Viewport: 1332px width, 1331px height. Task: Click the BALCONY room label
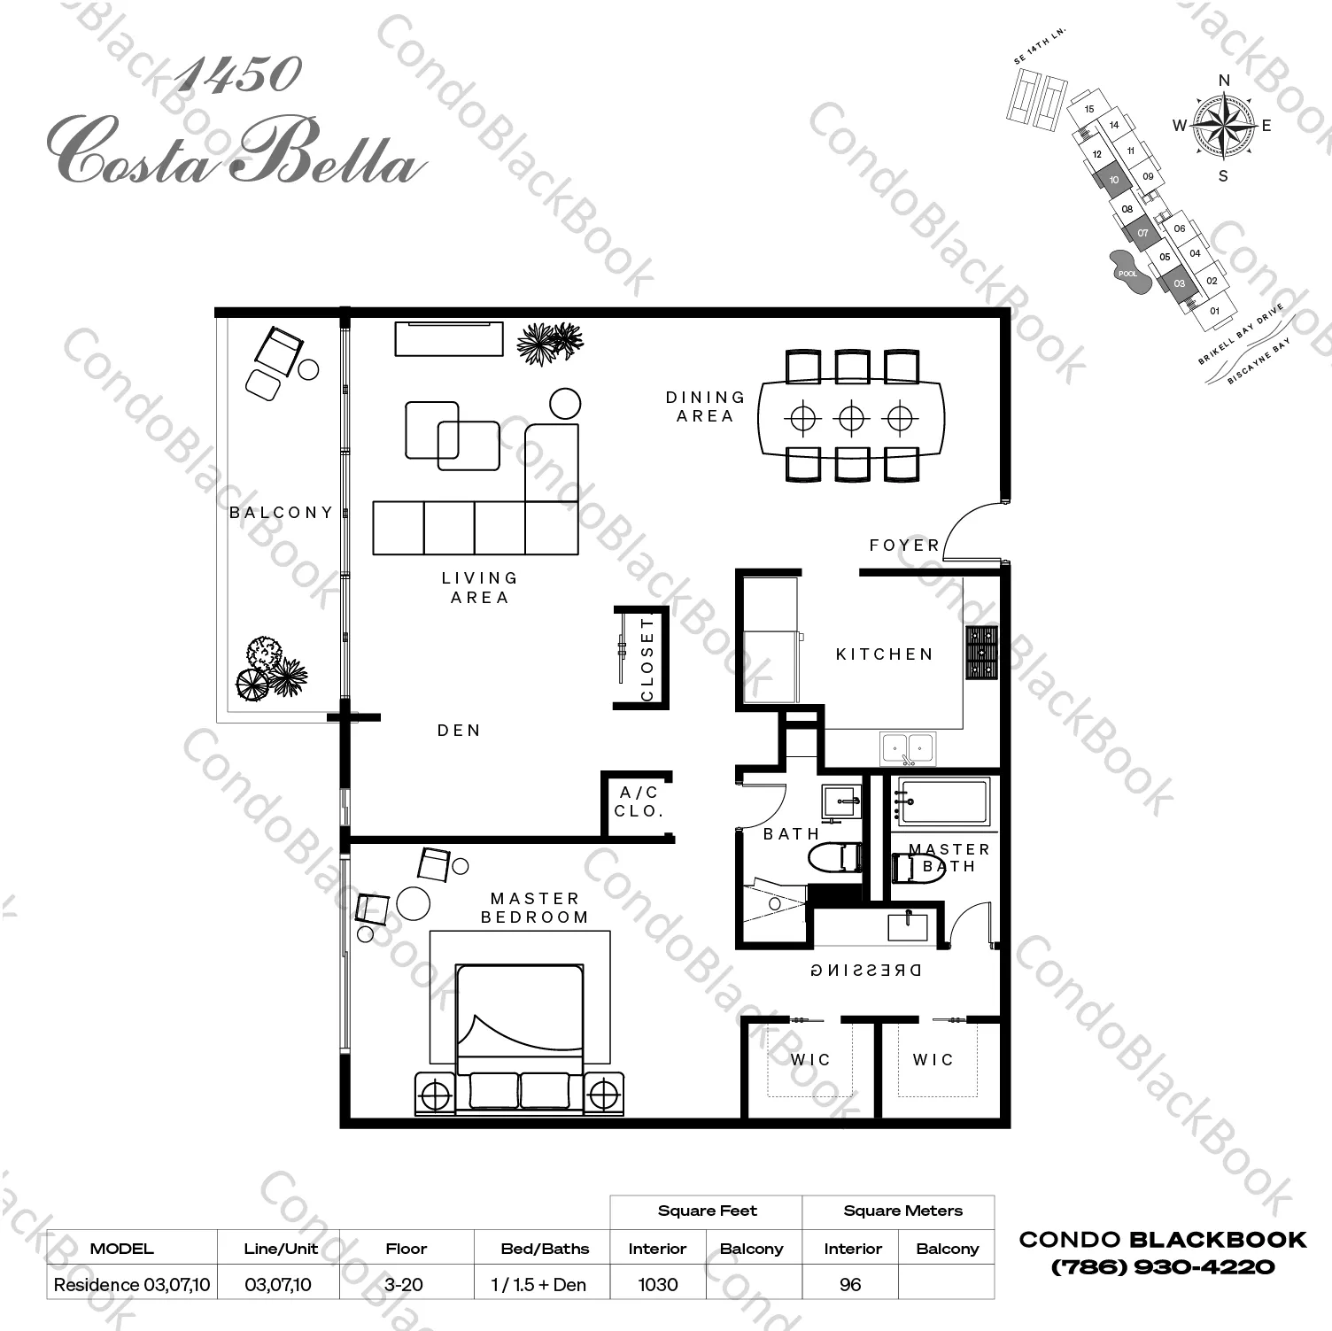coord(281,513)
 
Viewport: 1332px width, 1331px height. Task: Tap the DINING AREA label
coord(706,406)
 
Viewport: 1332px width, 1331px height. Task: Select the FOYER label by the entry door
coord(904,546)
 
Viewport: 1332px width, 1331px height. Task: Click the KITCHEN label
coord(885,654)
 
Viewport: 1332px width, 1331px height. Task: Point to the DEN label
coord(459,731)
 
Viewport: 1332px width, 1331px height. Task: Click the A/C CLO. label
coord(639,802)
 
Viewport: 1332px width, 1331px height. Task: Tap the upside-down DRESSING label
coord(866,970)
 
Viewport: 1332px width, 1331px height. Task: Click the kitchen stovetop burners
coord(981,654)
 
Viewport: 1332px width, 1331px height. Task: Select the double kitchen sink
coord(908,749)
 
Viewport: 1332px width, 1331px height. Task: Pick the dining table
coord(850,417)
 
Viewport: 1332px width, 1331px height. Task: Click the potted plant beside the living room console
coord(550,342)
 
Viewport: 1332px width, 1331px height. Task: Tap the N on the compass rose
coord(1224,81)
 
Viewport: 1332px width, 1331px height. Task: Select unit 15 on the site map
coord(1089,109)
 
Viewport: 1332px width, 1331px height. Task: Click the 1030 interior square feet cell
coord(657,1285)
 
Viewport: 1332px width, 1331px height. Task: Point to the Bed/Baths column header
coord(545,1249)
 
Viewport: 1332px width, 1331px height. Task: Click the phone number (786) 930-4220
coord(1163,1268)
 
